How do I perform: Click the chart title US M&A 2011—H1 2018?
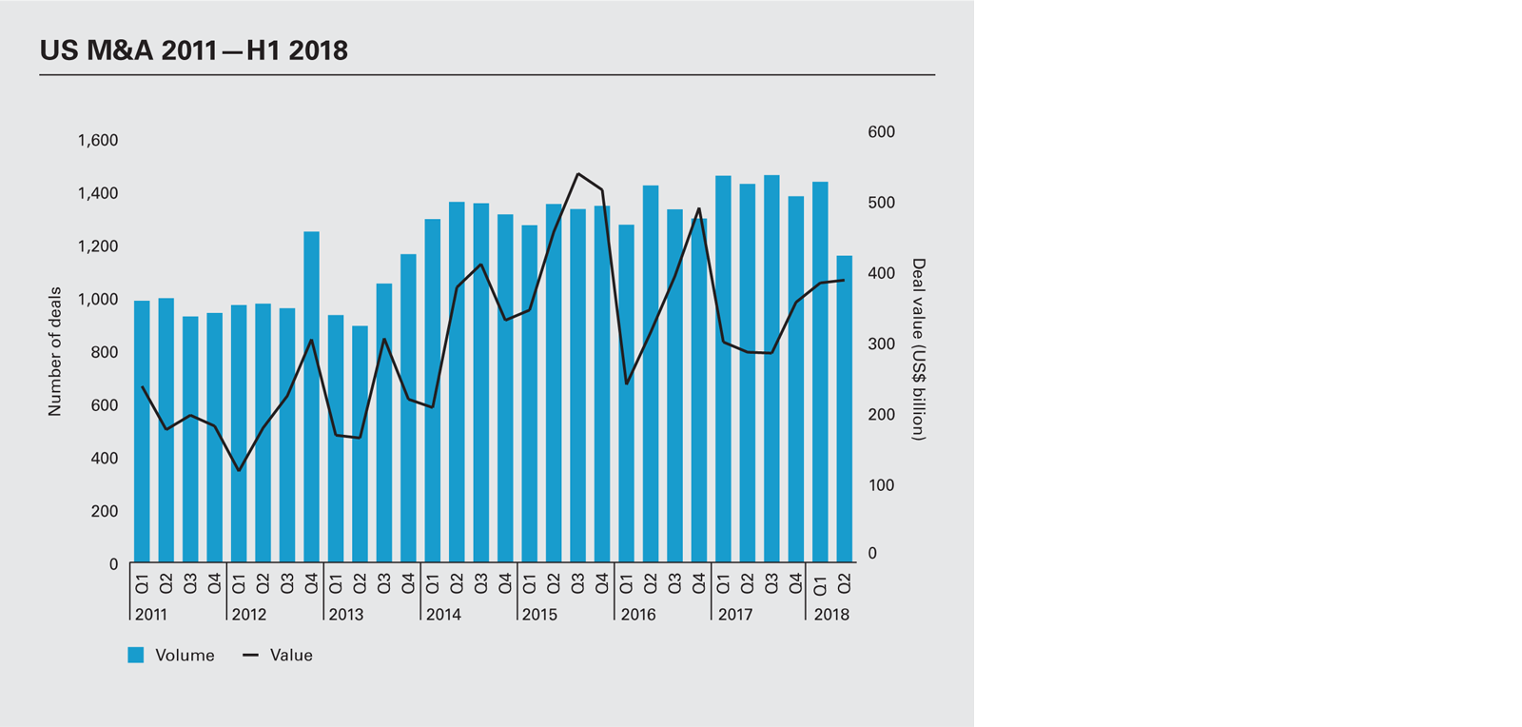(x=194, y=50)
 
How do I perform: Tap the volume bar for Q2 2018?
(x=844, y=409)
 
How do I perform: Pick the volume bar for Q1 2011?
(x=142, y=433)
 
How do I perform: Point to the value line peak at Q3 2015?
(x=577, y=174)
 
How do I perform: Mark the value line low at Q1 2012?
(x=239, y=470)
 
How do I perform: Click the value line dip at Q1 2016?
(x=626, y=383)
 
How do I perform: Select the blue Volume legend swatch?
(x=136, y=655)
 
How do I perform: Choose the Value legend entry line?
(x=250, y=655)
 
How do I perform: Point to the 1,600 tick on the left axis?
(x=98, y=141)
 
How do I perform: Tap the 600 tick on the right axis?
(x=881, y=132)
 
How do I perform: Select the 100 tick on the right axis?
(x=881, y=485)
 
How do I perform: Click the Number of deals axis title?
(x=55, y=351)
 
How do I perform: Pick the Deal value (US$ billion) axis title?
(x=918, y=349)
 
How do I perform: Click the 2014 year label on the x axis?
(x=443, y=615)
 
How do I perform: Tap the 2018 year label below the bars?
(x=831, y=615)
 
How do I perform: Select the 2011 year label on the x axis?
(x=151, y=615)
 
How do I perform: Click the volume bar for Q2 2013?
(x=360, y=444)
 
